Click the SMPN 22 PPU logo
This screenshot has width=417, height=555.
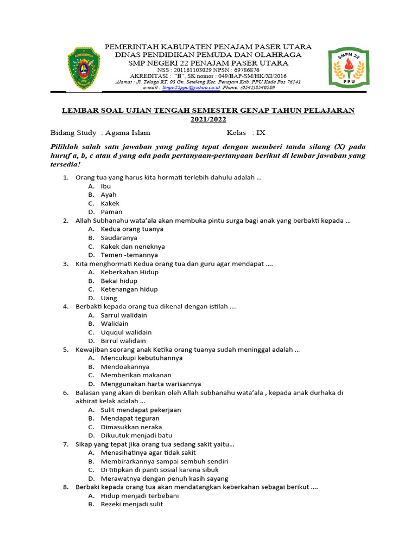click(x=348, y=68)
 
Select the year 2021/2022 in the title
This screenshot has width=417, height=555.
click(x=208, y=119)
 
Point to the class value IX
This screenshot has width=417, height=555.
click(x=261, y=133)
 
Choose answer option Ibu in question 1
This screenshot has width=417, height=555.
click(x=105, y=186)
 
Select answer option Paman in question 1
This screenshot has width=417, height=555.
click(x=111, y=212)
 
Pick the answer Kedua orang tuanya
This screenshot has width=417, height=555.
click(x=131, y=229)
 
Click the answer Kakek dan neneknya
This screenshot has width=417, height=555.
click(x=132, y=247)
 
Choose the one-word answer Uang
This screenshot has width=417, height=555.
click(x=109, y=298)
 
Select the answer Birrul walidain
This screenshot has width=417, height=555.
click(x=123, y=341)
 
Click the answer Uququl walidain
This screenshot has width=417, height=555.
click(x=126, y=332)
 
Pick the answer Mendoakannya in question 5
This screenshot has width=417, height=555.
click(x=125, y=367)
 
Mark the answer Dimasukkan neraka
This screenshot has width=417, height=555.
click(x=131, y=427)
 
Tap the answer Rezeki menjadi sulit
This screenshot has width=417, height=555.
click(x=131, y=505)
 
